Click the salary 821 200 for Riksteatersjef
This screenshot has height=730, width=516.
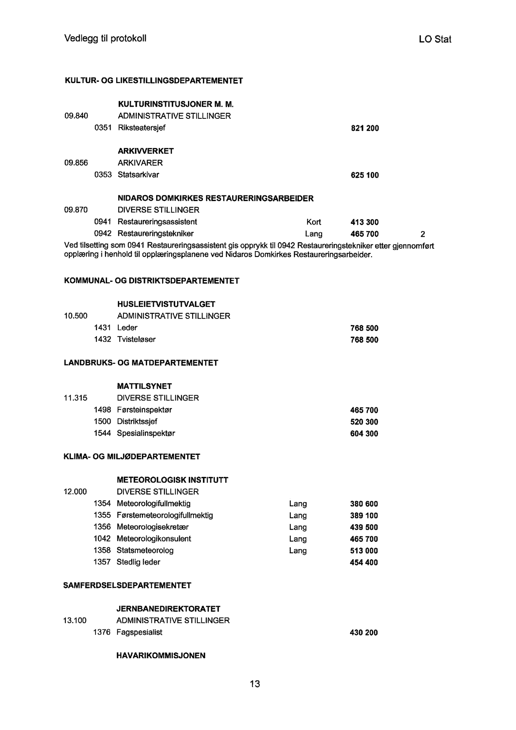pos(365,128)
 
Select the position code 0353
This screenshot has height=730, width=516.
pos(103,175)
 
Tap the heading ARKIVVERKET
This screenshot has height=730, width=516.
pos(146,151)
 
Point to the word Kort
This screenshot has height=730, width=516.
pos(313,222)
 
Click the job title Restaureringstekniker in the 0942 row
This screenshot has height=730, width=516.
pos(156,234)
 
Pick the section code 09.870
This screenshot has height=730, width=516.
pos(76,210)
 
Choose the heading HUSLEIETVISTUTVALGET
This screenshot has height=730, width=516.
pos(166,304)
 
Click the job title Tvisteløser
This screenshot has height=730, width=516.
pos(136,339)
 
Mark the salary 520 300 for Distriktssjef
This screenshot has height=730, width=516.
pos(364,422)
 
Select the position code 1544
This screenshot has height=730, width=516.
pos(102,433)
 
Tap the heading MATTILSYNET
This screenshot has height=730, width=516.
pos(144,386)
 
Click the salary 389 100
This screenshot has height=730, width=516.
pos(364,516)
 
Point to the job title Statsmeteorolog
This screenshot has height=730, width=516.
pos(145,550)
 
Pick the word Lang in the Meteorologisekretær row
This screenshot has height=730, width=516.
pos(298,527)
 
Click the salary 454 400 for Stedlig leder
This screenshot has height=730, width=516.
pos(364,562)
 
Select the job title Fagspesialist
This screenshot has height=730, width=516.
pos(139,632)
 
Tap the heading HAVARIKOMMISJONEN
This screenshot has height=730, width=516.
pos(161,656)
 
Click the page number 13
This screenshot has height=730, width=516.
pos(255,684)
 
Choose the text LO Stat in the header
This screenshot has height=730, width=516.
pos(435,40)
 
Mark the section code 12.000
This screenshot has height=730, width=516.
pos(75,492)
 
